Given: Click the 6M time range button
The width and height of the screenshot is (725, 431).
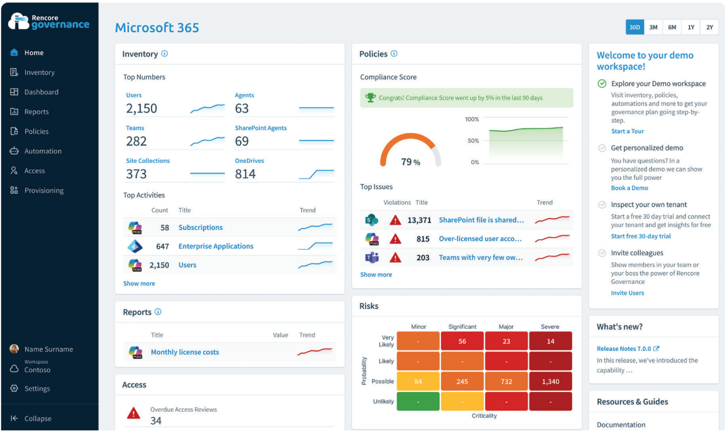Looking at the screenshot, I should click(672, 27).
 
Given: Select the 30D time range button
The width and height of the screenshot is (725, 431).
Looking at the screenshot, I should click(635, 27).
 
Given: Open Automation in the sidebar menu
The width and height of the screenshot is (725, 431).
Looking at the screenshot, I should click(43, 151).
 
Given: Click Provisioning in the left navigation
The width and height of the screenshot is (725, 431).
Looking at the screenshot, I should click(44, 191).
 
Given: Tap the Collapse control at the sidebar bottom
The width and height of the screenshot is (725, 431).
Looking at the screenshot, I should click(37, 419).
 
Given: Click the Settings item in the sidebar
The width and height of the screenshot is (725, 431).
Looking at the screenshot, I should click(37, 389).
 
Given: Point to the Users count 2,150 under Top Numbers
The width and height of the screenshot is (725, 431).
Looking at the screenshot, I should click(142, 108).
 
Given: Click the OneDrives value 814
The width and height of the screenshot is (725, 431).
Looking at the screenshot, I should click(246, 174).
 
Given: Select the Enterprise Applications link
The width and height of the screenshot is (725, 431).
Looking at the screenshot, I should click(216, 246).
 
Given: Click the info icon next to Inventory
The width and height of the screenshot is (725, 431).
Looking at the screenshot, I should click(165, 54).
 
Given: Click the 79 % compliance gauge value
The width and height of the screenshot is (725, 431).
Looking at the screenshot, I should click(410, 162).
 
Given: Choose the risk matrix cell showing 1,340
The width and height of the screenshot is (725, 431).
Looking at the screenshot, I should click(551, 381).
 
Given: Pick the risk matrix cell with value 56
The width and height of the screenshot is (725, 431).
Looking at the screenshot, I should click(462, 341).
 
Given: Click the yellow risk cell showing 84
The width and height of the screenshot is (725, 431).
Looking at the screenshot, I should click(418, 381).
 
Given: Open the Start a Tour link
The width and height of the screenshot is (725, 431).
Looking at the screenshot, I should click(627, 131).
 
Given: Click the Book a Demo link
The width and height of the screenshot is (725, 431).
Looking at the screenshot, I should click(629, 188).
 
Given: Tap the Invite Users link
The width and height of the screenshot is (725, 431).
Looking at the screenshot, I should click(627, 293).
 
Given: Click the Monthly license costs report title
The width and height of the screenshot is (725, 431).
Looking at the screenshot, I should click(185, 352).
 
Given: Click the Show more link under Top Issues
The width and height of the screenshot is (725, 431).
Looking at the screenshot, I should click(376, 274).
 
